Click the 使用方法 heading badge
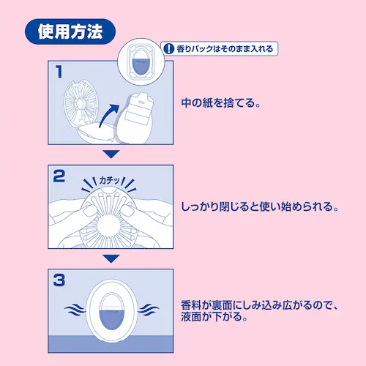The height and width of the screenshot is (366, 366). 71,31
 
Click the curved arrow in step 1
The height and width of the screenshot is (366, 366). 108,116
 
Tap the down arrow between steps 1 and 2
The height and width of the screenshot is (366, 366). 110,154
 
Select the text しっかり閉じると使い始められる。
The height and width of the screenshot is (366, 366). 260,207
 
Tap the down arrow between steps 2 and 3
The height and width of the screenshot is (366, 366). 110,258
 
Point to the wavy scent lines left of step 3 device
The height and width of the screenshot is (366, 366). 76,310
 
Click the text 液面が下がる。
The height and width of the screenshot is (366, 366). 216,318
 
